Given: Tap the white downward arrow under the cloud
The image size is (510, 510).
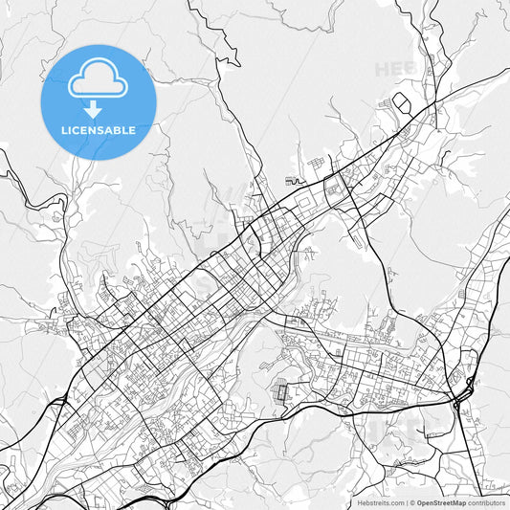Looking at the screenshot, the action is point(99,109).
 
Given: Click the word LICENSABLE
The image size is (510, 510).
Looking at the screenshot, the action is point(99,130).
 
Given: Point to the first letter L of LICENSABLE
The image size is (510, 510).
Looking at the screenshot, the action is point(64,130).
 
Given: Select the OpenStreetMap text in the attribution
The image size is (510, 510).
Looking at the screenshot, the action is point(441,502).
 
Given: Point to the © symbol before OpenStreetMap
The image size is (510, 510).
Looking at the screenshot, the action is point(411,502).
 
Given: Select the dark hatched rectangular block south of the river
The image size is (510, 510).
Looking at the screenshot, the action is point(281,391).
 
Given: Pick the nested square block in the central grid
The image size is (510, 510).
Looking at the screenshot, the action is point(334,189).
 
